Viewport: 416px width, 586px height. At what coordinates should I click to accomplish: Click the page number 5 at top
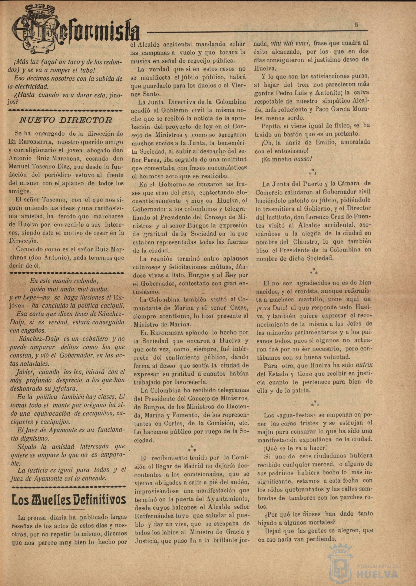pos(356,25)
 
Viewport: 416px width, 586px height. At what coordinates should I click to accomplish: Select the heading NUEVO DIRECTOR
pos(66,120)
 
